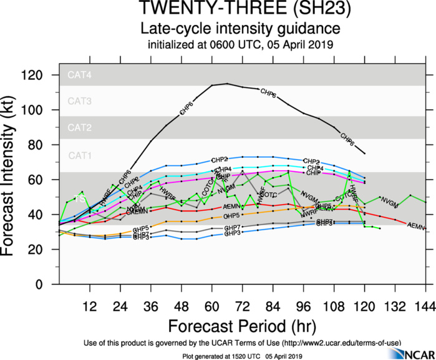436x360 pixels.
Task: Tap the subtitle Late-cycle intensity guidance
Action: pyautogui.click(x=240, y=29)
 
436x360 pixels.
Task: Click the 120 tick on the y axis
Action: pyautogui.click(x=40, y=75)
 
